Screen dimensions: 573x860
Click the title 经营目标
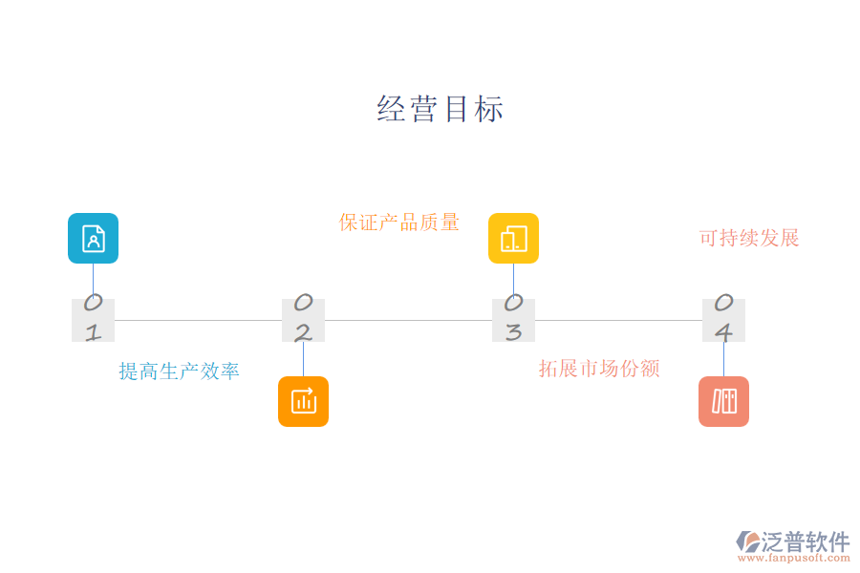[x=441, y=109]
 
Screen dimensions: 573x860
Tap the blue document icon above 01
[x=93, y=238]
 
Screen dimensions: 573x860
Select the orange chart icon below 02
[x=303, y=401]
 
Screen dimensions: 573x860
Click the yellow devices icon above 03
[x=513, y=238]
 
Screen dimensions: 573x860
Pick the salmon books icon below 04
[x=723, y=401]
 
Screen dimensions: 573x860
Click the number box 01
[x=93, y=320]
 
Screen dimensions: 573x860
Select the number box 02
[x=303, y=320]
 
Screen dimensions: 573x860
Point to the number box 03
[x=513, y=320]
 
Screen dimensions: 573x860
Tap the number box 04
[x=723, y=320]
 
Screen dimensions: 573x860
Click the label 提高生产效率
[x=179, y=371]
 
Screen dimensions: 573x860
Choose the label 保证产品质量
[x=399, y=223]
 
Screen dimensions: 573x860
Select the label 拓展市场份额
[x=599, y=369]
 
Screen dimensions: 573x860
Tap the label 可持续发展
[x=749, y=238]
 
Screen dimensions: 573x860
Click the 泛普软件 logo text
[x=805, y=542]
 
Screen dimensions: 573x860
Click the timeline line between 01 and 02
[x=198, y=320]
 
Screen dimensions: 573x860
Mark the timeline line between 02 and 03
[x=408, y=320]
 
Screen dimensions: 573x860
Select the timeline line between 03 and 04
[x=618, y=320]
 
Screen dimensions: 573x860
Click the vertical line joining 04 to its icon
[x=723, y=359]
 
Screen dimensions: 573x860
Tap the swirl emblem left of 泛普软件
[x=747, y=542]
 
